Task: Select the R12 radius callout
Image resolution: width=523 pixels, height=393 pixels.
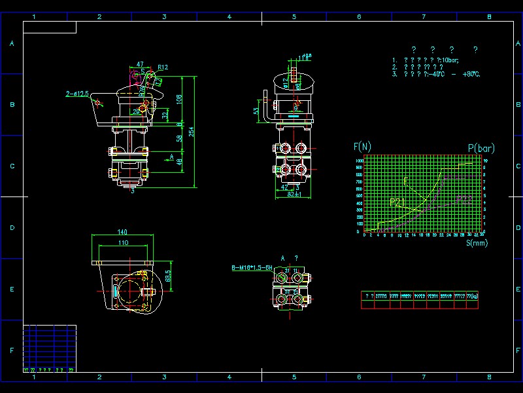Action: [x=163, y=67]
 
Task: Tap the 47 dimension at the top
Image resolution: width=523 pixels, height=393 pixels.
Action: [x=140, y=64]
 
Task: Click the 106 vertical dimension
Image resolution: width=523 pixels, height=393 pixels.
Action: [x=178, y=98]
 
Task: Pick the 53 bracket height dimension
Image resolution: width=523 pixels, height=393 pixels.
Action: [x=256, y=111]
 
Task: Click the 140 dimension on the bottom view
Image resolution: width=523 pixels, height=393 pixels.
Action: [x=122, y=232]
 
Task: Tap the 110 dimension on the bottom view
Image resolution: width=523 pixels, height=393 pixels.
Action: [x=122, y=243]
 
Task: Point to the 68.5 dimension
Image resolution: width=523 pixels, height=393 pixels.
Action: [x=167, y=276]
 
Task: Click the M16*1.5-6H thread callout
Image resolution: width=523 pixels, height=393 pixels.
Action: [x=252, y=268]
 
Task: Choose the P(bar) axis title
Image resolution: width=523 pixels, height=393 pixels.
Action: [x=481, y=149]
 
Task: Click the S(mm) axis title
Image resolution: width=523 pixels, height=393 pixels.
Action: [x=477, y=243]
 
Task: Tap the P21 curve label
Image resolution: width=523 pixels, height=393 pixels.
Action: [x=398, y=202]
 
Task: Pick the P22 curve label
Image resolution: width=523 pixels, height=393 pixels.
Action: [x=464, y=198]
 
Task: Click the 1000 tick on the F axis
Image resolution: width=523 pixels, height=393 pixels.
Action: [x=359, y=160]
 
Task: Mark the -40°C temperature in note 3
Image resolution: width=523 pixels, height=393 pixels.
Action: [x=434, y=74]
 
